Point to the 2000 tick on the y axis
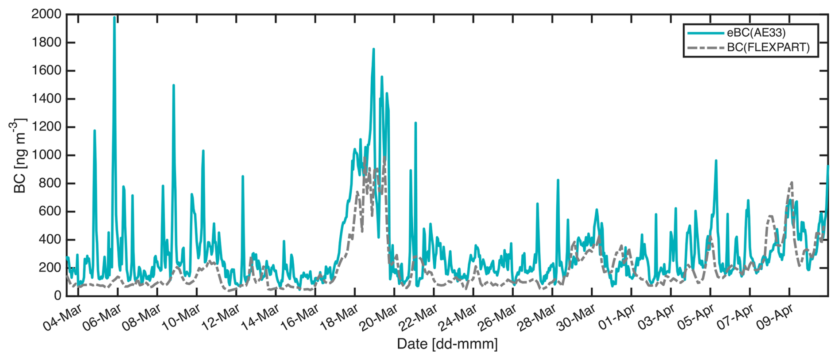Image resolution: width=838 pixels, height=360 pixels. point(47,14)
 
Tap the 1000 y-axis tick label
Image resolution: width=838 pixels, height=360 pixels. point(47,155)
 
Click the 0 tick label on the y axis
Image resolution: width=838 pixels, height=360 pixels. point(57,295)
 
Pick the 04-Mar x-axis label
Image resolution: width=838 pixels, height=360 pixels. point(63,317)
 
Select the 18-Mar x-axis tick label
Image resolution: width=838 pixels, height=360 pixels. point(339,317)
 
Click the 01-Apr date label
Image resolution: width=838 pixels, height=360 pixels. point(617,317)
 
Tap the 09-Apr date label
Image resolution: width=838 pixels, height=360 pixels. point(775,317)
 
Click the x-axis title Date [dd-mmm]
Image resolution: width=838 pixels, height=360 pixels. point(447,344)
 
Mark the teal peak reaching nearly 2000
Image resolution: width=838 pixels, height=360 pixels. point(114,18)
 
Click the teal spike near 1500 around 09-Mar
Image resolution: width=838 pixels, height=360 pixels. point(174,85)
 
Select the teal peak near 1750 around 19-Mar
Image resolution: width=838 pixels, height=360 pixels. point(373,49)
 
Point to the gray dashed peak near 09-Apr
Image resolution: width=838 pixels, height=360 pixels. point(791,182)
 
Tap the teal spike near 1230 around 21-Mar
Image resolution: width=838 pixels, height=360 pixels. point(415,123)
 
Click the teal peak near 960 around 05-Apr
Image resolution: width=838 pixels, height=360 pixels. point(716,161)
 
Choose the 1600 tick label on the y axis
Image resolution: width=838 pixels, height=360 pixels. point(47,70)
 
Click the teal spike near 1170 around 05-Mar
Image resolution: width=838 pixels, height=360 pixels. point(94,131)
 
